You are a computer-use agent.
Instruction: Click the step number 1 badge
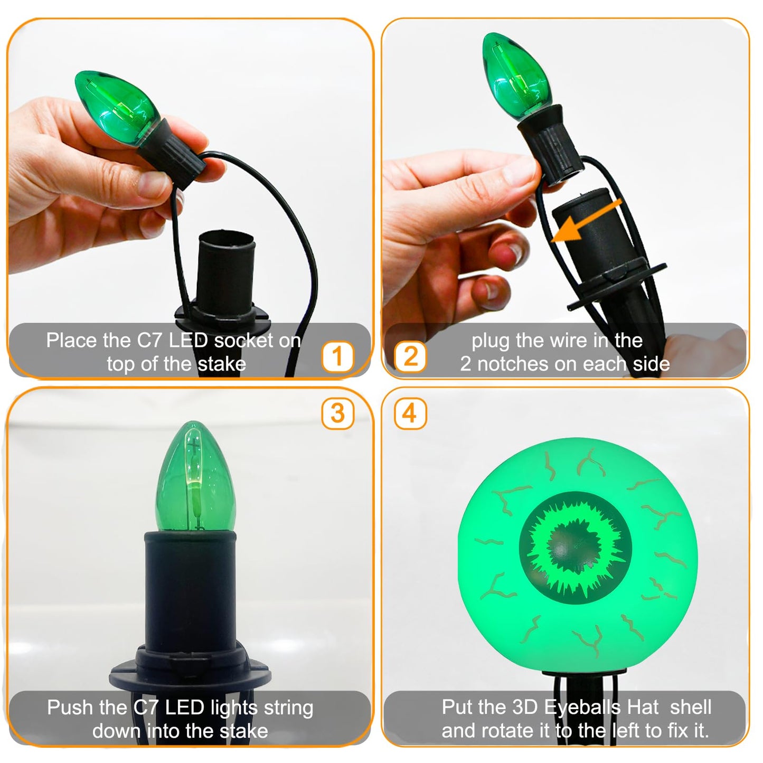(x=337, y=356)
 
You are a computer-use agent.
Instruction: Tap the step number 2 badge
(x=410, y=356)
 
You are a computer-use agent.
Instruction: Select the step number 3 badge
(x=337, y=413)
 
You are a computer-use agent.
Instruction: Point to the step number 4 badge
(x=410, y=413)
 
